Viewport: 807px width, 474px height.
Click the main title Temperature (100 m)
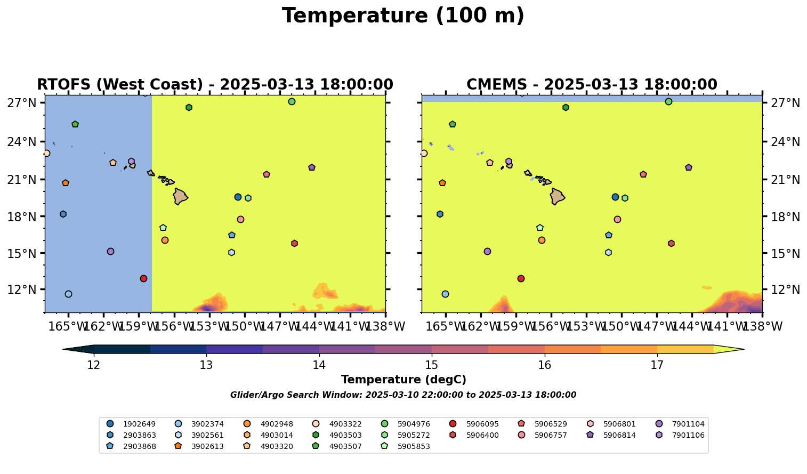(x=403, y=16)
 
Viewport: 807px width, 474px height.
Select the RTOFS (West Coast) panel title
(x=215, y=85)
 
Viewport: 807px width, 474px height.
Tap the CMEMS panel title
(x=592, y=85)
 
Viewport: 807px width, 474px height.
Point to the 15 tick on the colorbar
(x=432, y=365)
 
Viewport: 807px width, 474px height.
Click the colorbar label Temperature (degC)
(x=404, y=380)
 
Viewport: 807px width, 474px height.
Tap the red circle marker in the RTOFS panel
(x=143, y=279)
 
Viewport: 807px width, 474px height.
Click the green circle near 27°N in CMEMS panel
(x=668, y=102)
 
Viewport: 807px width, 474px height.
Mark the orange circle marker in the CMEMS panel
(x=542, y=240)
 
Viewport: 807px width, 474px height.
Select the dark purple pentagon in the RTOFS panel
(x=312, y=167)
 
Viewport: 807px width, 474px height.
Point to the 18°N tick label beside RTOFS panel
(x=22, y=216)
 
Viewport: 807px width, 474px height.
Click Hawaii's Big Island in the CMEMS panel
(x=557, y=197)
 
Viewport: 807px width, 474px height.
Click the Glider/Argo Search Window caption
(x=403, y=395)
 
